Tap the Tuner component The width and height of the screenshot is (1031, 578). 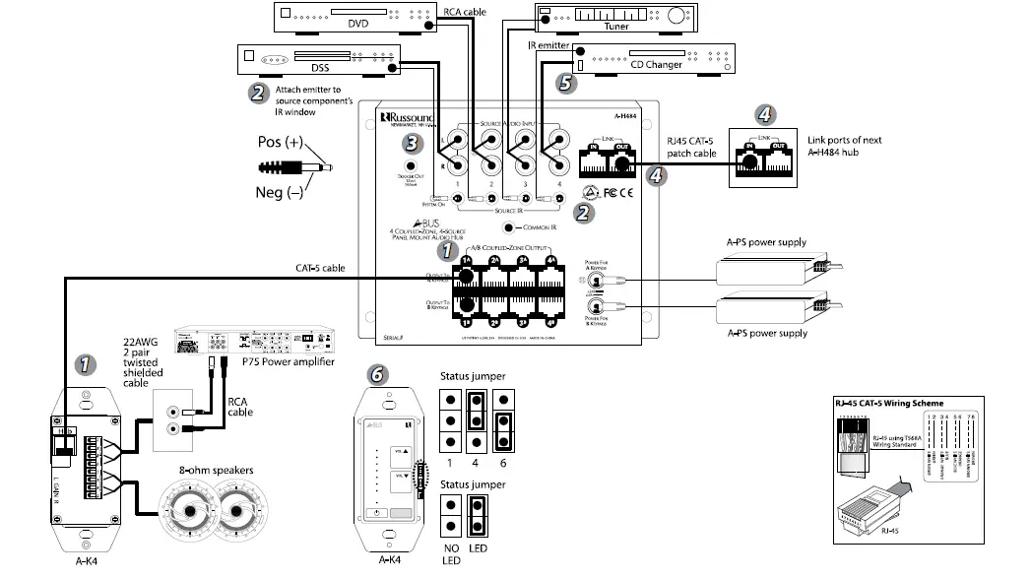[615, 18]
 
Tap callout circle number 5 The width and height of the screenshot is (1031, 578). [564, 84]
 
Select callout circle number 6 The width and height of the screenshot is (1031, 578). [375, 374]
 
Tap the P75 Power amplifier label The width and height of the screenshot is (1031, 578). [283, 360]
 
